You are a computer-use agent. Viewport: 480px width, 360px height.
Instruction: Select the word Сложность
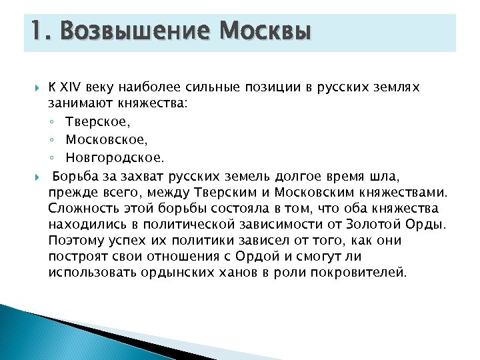click(x=81, y=208)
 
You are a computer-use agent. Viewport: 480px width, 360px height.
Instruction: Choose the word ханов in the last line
click(x=234, y=272)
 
